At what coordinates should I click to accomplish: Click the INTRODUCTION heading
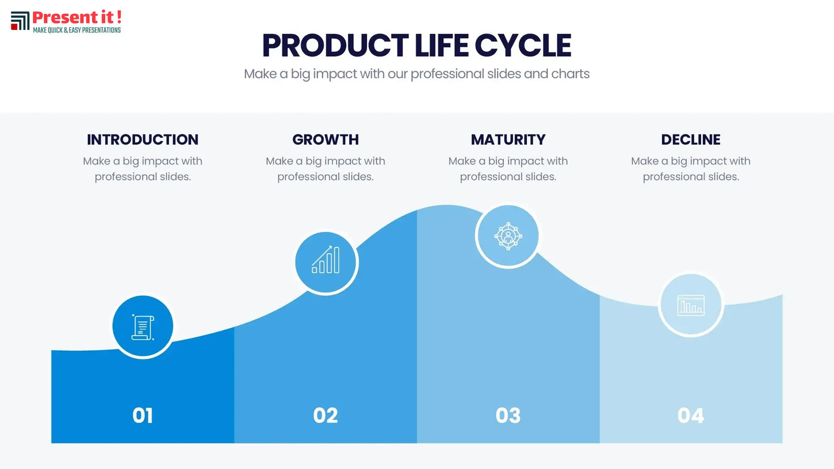[143, 140]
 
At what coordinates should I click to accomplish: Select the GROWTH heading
[326, 140]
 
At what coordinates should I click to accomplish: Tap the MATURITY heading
[508, 140]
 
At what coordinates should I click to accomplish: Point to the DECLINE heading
[691, 140]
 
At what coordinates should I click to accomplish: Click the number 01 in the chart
[143, 415]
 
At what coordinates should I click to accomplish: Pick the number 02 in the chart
[326, 415]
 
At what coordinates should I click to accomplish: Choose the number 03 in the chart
[508, 415]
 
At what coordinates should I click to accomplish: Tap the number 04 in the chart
[691, 415]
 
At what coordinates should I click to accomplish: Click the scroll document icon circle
[143, 327]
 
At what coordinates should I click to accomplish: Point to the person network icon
[508, 235]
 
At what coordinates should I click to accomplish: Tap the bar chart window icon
[691, 305]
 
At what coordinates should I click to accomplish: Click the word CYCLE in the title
[523, 46]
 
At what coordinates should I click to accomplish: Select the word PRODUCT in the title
[335, 46]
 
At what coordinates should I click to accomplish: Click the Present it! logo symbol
[20, 21]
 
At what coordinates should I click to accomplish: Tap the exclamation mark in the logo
[118, 17]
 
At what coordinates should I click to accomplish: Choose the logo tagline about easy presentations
[77, 30]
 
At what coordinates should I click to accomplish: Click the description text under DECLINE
[691, 168]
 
